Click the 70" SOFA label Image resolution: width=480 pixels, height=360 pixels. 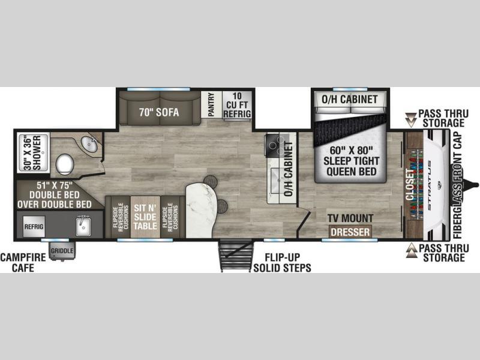tap(159, 112)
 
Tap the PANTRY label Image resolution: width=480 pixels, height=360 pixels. tap(211, 104)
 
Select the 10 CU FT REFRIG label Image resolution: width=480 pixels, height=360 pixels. tap(237, 105)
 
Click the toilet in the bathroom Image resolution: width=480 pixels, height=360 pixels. tap(65, 164)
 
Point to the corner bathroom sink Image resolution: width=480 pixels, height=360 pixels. tap(89, 144)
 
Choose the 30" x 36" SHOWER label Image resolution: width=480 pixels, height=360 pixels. tap(32, 153)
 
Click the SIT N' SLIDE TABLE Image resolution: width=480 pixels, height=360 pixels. tap(145, 217)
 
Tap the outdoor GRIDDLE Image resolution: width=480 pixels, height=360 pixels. tap(62, 251)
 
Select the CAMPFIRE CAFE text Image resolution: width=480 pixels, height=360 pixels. tap(23, 262)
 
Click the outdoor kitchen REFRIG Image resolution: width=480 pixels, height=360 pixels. tap(34, 227)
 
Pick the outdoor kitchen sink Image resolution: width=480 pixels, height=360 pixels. tap(83, 226)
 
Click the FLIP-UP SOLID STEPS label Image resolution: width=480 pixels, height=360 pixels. tap(282, 263)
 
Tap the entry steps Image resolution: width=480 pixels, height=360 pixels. tap(236, 256)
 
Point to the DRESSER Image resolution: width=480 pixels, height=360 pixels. tap(350, 232)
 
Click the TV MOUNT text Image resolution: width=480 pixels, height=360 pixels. tap(350, 218)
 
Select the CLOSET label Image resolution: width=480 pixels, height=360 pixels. tap(410, 185)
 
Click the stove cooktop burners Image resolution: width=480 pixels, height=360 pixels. tap(275, 145)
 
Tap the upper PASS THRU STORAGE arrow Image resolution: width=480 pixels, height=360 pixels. tap(411, 119)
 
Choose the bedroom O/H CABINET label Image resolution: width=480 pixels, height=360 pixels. tap(350, 99)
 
